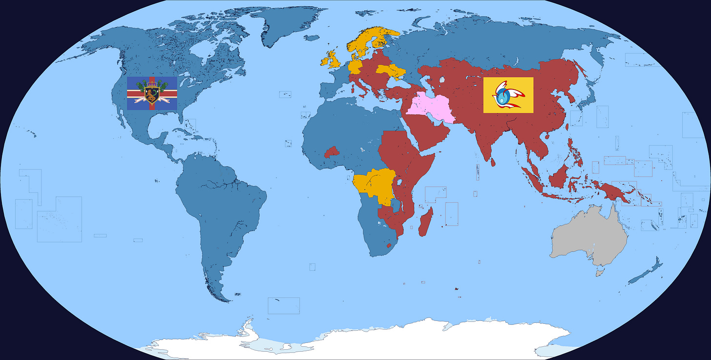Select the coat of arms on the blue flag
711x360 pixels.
click(152, 92)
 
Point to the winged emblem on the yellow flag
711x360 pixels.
click(508, 95)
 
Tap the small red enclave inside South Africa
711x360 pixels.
click(389, 245)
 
